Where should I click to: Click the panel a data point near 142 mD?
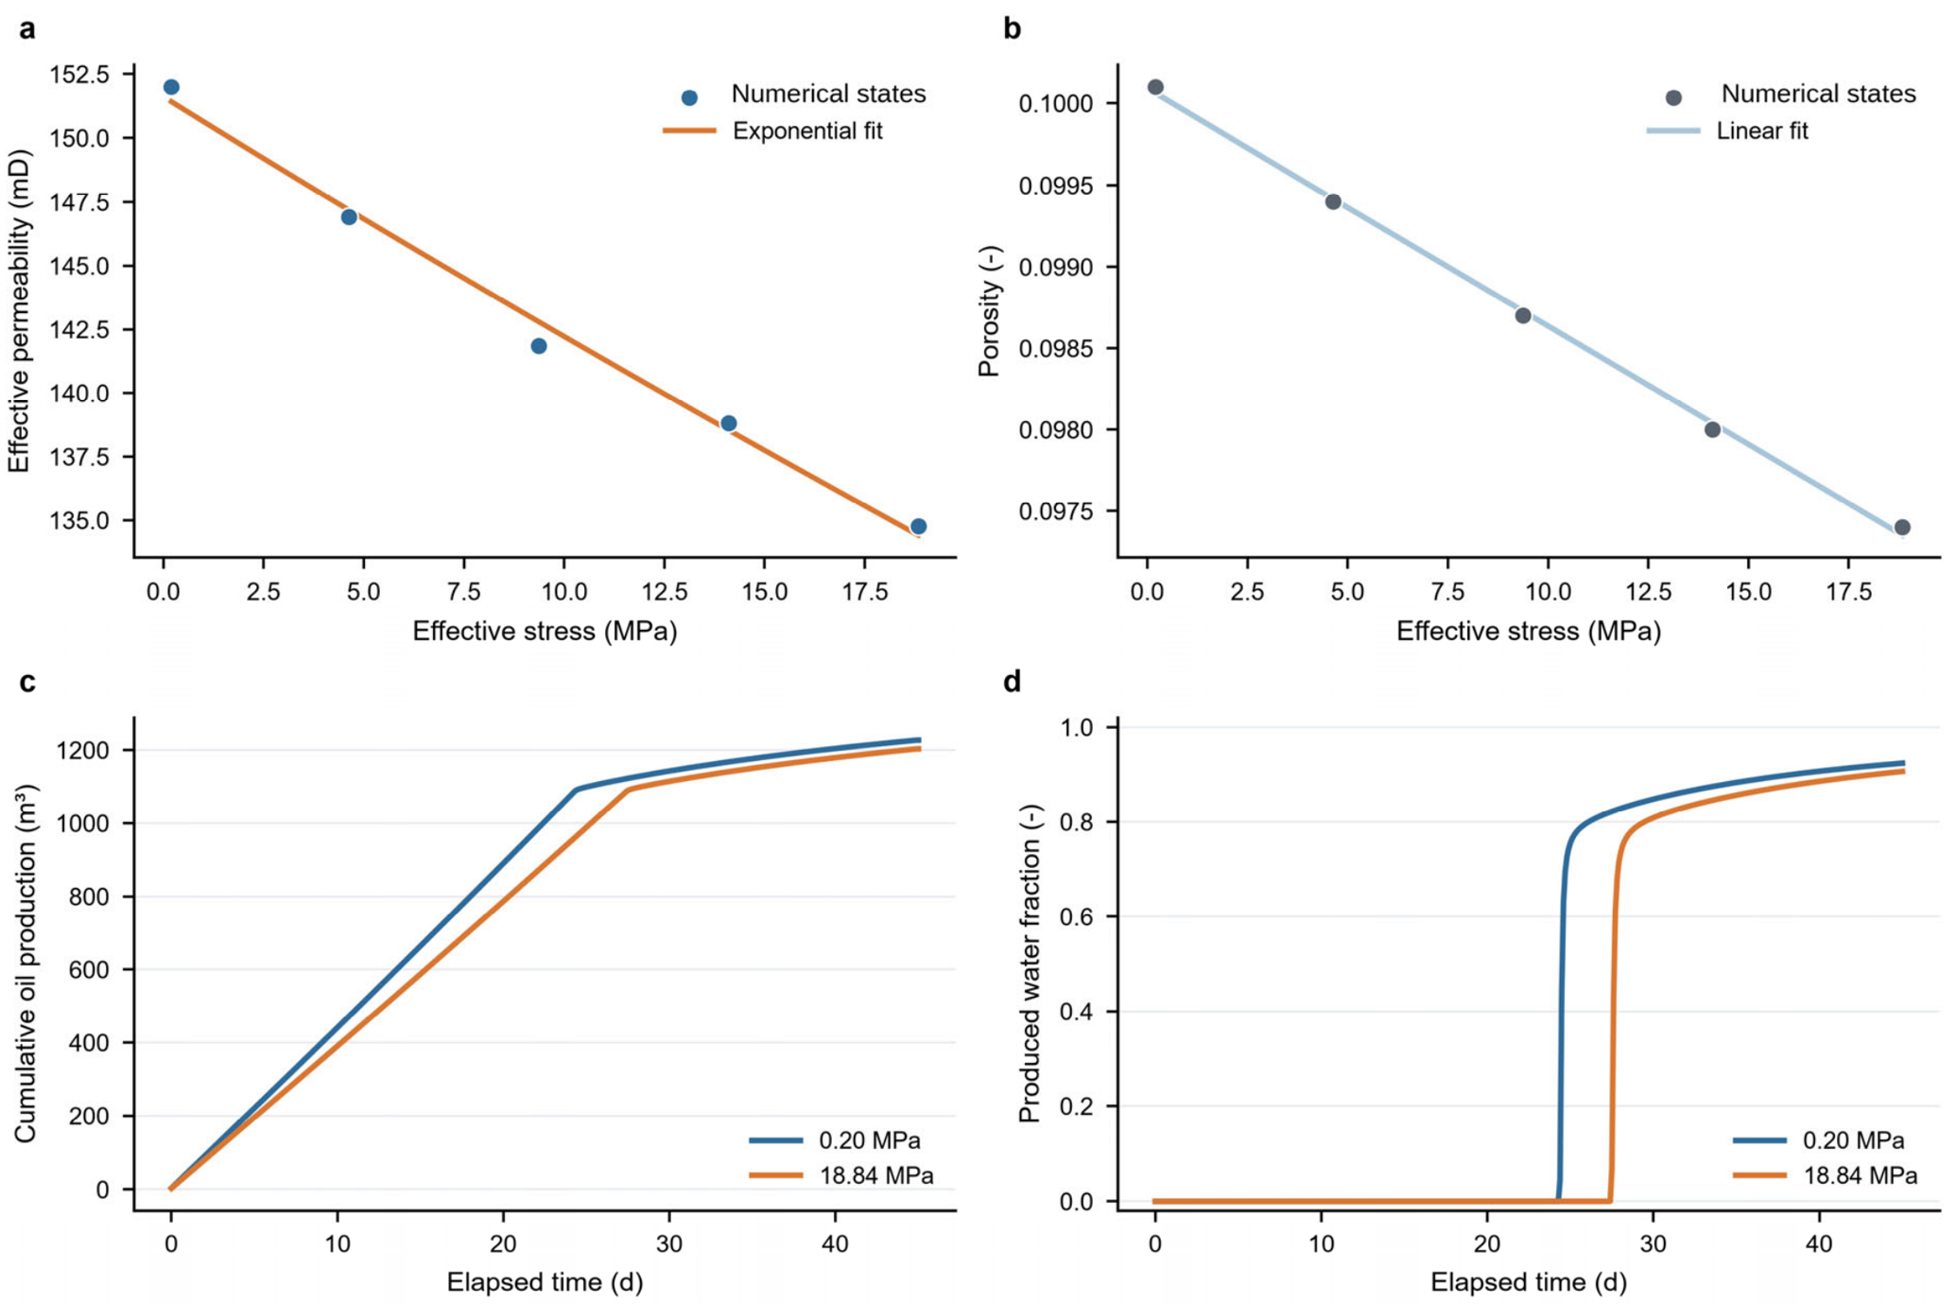[x=539, y=346]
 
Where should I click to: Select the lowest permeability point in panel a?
[x=918, y=527]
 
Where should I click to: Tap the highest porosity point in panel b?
[x=1155, y=87]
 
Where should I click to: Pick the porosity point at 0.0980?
[x=1712, y=429]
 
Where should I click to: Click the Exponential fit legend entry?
[x=773, y=130]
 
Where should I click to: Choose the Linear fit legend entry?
[x=1727, y=130]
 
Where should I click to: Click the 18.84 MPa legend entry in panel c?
[x=841, y=1175]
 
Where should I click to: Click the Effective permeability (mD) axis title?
[x=19, y=312]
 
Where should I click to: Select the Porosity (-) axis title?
[x=989, y=312]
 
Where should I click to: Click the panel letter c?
[x=27, y=682]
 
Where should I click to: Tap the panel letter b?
[x=1012, y=28]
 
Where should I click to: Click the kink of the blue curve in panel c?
[x=577, y=789]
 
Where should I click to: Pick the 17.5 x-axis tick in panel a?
[x=865, y=592]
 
